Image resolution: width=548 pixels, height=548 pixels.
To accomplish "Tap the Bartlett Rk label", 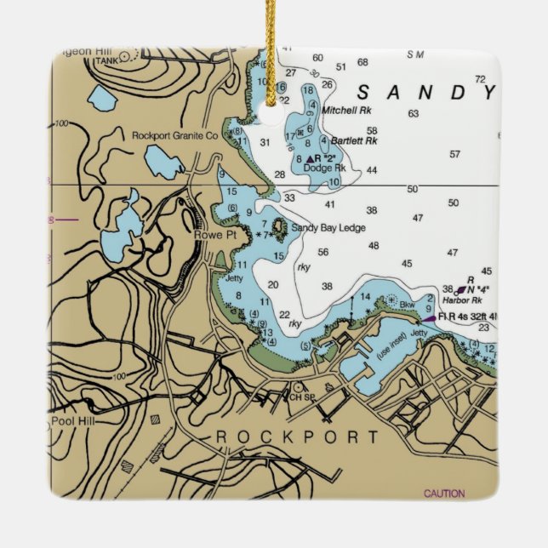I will coord(354,141).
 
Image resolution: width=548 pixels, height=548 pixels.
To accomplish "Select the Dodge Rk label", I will coord(323,168).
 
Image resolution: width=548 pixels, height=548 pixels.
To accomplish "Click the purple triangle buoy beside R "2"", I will coord(309,159).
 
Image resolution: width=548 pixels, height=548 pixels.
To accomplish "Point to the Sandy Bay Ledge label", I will coord(328,228).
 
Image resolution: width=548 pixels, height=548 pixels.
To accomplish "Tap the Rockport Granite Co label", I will coord(174,135).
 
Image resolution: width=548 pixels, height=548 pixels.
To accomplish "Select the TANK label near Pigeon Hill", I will coord(105,60).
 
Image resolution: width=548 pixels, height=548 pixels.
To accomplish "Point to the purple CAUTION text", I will coord(444,494).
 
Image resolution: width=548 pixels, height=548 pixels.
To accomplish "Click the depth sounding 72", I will coord(481,79).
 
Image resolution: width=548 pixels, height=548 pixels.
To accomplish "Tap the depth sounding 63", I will coord(414,113).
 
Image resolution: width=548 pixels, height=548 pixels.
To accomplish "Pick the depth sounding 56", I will coord(323,252).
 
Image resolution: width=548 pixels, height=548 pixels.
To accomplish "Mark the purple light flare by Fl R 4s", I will coord(428,318).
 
